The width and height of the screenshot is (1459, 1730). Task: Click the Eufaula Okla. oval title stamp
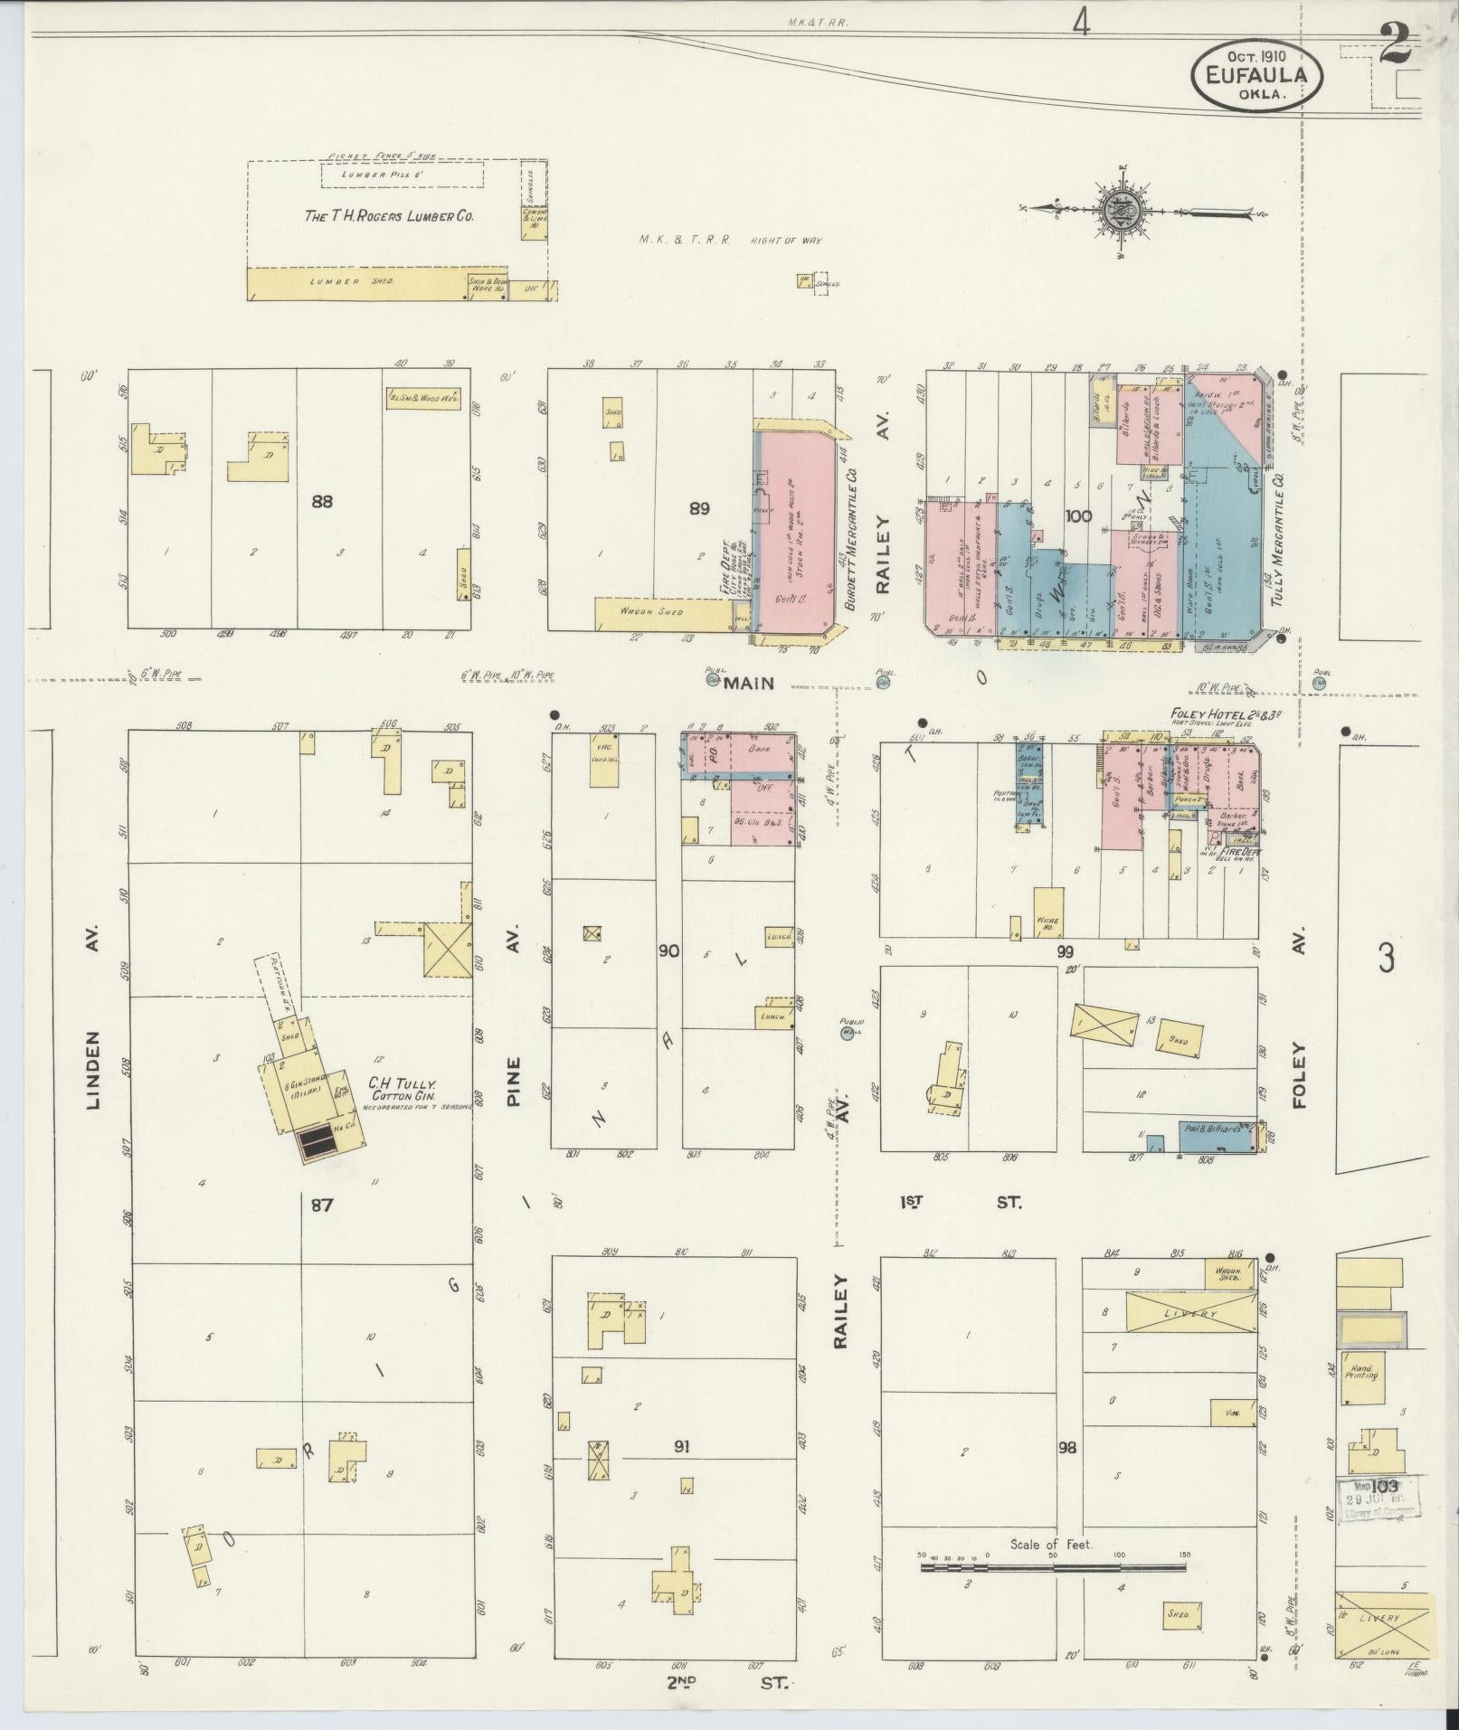click(x=1256, y=77)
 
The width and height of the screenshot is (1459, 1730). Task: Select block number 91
click(x=682, y=1472)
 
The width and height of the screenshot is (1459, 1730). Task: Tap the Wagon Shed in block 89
click(x=662, y=612)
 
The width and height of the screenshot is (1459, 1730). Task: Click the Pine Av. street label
click(x=514, y=1062)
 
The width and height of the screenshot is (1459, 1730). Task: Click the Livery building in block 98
click(x=1190, y=1311)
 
